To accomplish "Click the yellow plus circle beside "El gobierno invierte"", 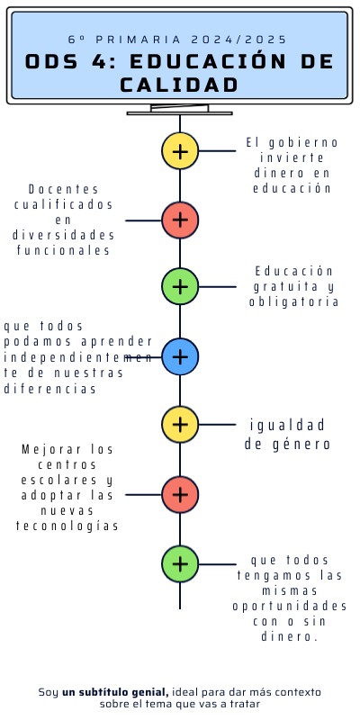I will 180,150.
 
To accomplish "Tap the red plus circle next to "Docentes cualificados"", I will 180,219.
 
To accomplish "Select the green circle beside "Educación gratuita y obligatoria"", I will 180,286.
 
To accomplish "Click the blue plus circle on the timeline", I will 180,356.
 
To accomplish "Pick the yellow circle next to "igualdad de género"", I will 180,424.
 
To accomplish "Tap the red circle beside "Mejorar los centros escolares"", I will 180,494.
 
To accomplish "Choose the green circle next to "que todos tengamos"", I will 180,563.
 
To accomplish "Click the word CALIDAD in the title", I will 180,85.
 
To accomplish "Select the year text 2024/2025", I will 239,40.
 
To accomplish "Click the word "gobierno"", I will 304,142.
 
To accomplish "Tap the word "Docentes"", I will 64,189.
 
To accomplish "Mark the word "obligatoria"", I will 294,301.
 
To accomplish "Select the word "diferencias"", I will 50,389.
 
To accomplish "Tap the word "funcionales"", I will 64,250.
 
